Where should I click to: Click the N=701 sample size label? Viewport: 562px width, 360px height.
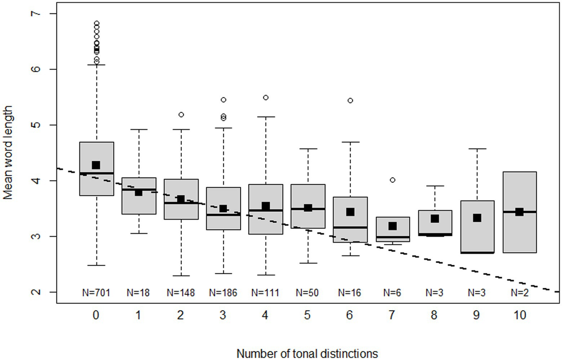[x=96, y=293]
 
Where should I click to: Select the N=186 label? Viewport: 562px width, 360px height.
[x=223, y=293]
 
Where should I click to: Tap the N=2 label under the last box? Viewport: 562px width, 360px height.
[x=519, y=293]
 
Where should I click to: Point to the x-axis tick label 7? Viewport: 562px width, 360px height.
[x=392, y=315]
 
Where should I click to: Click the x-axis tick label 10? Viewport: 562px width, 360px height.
[x=519, y=315]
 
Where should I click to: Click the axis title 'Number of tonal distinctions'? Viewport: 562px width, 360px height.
[x=307, y=352]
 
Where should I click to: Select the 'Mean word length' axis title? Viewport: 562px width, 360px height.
[x=8, y=153]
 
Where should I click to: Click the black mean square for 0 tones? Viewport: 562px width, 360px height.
[x=96, y=165]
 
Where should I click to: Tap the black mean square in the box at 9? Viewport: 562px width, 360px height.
[x=477, y=217]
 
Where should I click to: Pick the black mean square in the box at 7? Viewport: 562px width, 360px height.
[x=392, y=226]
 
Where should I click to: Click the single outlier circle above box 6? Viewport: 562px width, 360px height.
[x=350, y=100]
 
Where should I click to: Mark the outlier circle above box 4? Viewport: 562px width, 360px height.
[x=266, y=97]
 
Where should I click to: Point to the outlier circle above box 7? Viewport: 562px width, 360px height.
[x=392, y=180]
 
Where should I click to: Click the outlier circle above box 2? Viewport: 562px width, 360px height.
[x=181, y=114]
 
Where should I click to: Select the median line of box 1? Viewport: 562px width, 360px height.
[x=138, y=189]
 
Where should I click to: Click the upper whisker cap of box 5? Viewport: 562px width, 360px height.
[x=308, y=149]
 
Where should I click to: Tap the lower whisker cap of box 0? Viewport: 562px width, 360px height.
[x=96, y=265]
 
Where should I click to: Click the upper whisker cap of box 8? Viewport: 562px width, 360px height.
[x=435, y=186]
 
